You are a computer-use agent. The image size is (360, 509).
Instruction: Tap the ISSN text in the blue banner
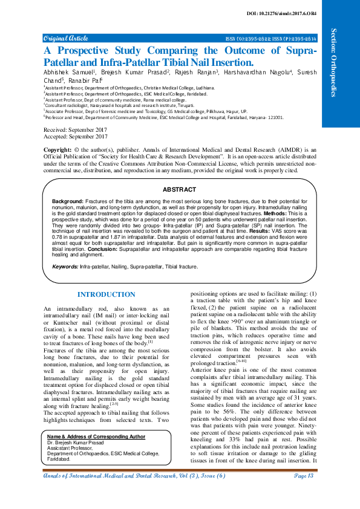270,37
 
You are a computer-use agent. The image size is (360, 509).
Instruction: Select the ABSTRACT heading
180,189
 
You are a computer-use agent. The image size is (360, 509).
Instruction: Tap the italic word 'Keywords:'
65,266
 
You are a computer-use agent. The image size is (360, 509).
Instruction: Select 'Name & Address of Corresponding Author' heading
96,436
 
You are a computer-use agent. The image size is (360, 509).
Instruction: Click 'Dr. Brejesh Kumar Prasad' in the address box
74,443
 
